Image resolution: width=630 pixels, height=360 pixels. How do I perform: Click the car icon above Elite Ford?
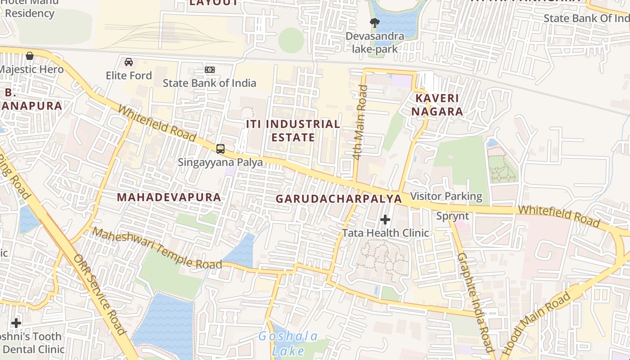pyautogui.click(x=129, y=62)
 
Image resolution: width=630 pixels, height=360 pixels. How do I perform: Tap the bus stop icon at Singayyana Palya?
pyautogui.click(x=220, y=148)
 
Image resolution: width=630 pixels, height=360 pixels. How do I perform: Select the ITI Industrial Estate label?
pyautogui.click(x=293, y=130)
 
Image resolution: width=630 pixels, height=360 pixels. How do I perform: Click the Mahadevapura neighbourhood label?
pyautogui.click(x=169, y=197)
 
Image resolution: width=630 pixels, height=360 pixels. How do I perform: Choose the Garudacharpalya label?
pyautogui.click(x=338, y=198)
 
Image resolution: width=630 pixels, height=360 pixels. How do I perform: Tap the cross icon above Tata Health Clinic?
pyautogui.click(x=385, y=220)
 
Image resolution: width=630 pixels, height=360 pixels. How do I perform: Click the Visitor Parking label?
pyautogui.click(x=446, y=196)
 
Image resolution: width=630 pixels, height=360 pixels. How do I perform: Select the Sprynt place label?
pyautogui.click(x=453, y=216)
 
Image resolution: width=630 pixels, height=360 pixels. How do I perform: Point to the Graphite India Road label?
pyautogui.click(x=473, y=302)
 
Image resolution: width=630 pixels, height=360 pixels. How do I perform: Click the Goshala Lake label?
pyautogui.click(x=288, y=343)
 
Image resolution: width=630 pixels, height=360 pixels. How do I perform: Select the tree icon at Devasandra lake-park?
pyautogui.click(x=374, y=22)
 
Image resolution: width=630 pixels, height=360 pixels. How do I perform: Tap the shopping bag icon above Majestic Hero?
pyautogui.click(x=30, y=56)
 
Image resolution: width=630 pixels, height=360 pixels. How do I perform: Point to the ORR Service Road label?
pyautogui.click(x=100, y=295)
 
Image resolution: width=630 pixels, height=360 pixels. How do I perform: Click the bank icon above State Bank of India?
pyautogui.click(x=210, y=70)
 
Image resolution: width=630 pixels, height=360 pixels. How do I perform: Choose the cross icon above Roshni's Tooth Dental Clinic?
pyautogui.click(x=16, y=323)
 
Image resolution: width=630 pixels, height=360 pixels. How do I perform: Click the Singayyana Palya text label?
pyautogui.click(x=220, y=162)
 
